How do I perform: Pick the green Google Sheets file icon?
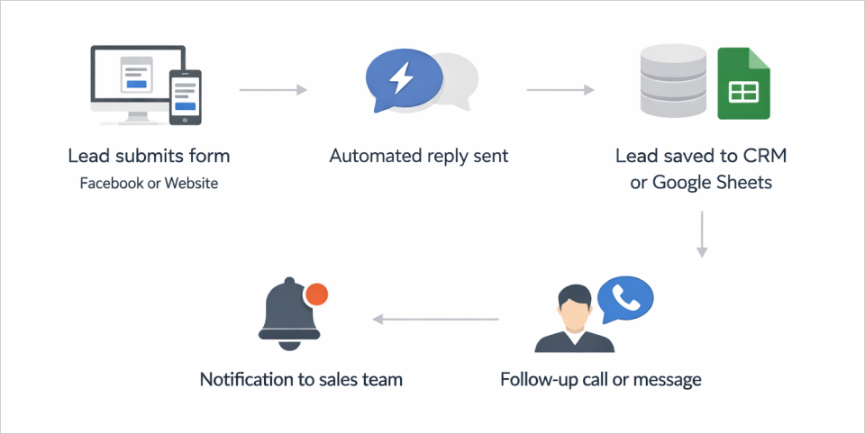743,85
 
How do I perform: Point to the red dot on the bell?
315,294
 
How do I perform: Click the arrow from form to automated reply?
273,90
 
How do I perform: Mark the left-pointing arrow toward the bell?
436,319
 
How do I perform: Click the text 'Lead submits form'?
149,156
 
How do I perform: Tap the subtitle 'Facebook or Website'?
149,184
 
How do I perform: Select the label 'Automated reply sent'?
419,156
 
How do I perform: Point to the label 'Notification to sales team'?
301,379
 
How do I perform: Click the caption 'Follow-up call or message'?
601,379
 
